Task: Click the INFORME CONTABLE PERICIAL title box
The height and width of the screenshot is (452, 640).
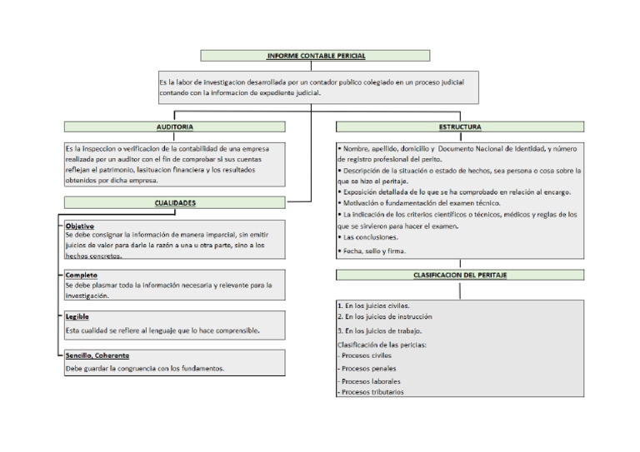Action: [315, 56]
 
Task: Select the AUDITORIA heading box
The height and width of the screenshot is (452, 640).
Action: [175, 127]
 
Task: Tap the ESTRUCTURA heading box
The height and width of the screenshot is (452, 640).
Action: [460, 127]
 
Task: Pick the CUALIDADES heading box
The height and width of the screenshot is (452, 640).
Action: [175, 202]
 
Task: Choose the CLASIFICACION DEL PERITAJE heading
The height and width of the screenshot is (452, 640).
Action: [460, 275]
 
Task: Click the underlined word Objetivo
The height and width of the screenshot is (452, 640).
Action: [80, 226]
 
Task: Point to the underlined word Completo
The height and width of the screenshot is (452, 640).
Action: [82, 275]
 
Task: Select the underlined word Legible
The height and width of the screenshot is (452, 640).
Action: [77, 316]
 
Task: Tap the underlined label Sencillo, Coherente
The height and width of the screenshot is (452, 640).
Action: [97, 355]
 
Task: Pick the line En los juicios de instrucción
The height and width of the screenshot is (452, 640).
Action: [384, 316]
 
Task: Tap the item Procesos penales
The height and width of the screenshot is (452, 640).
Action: [368, 368]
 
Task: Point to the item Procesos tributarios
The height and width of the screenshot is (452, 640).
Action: [372, 391]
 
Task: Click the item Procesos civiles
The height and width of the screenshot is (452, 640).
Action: [367, 355]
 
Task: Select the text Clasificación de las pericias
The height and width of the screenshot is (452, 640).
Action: [382, 344]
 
